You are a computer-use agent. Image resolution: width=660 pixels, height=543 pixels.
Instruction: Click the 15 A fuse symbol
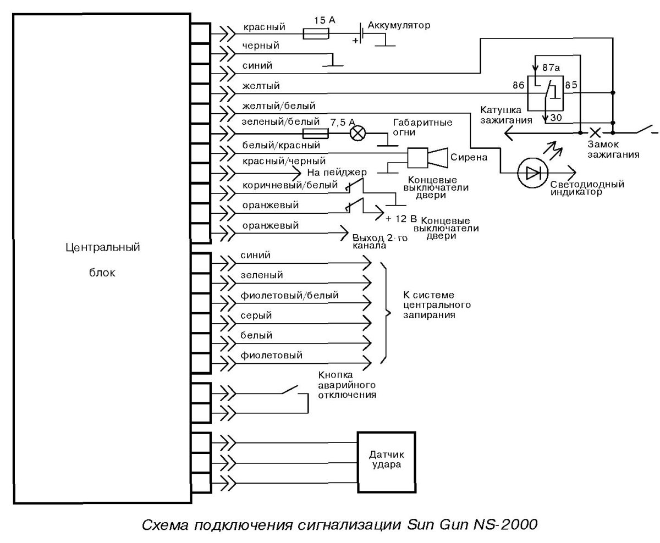pyautogui.click(x=317, y=34)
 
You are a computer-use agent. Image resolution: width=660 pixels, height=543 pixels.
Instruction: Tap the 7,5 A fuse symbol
pyautogui.click(x=316, y=133)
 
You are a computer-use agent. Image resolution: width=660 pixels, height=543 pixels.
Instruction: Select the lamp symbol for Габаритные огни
pyautogui.click(x=359, y=133)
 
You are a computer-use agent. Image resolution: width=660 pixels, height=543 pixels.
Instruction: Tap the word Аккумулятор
pyautogui.click(x=399, y=26)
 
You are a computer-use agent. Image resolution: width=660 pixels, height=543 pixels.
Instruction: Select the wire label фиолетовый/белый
pyautogui.click(x=289, y=296)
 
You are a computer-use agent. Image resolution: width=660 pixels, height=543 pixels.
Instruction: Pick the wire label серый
pyautogui.click(x=256, y=316)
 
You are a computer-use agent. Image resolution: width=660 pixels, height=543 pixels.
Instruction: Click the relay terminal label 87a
pyautogui.click(x=551, y=68)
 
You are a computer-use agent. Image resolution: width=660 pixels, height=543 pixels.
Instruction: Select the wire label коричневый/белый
pyautogui.click(x=290, y=185)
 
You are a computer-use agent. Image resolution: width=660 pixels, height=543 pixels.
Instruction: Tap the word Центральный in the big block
pyautogui.click(x=102, y=247)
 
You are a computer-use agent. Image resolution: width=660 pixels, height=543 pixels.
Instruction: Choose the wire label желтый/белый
pyautogui.click(x=279, y=106)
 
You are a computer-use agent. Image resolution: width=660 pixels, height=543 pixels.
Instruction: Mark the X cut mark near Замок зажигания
pyautogui.click(x=595, y=132)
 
